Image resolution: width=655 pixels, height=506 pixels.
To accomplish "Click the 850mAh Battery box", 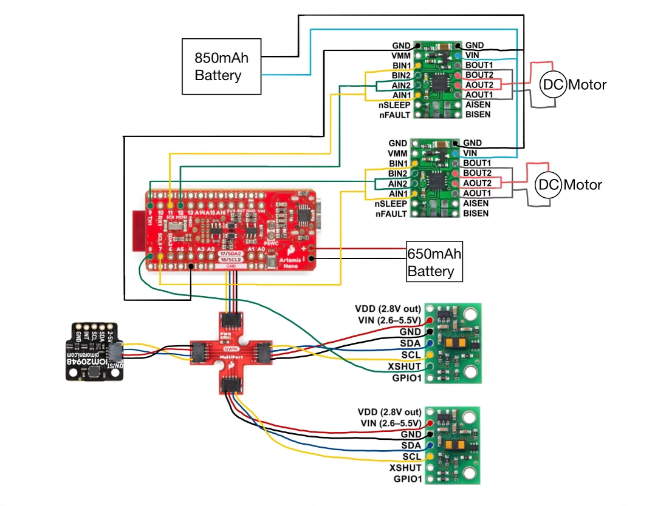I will (x=222, y=67).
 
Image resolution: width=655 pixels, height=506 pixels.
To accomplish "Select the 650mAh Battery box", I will (x=434, y=263).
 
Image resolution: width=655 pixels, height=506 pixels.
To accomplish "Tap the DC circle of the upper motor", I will (x=553, y=84).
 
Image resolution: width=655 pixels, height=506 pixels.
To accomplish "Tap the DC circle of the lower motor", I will (x=548, y=184).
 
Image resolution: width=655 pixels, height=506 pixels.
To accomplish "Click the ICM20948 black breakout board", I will (x=95, y=351).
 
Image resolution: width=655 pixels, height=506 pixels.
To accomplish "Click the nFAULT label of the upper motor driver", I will (x=394, y=115).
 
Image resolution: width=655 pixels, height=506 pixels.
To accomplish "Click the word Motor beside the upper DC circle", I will (x=587, y=84).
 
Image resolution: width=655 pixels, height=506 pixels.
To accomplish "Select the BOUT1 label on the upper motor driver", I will (x=479, y=65).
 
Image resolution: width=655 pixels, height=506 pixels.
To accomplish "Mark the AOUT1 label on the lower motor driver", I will (x=478, y=194).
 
